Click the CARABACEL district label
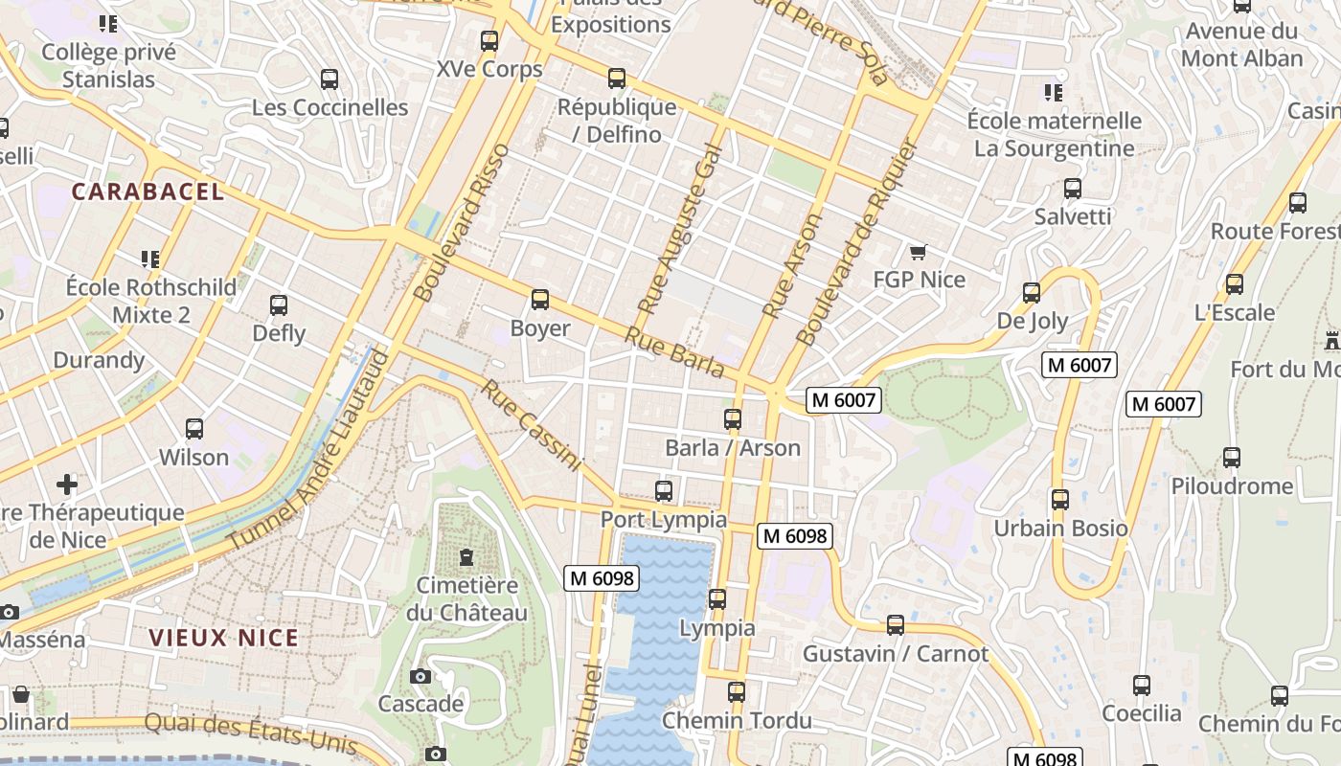click(148, 191)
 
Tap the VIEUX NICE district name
click(223, 638)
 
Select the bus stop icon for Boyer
click(540, 300)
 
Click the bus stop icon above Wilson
click(194, 429)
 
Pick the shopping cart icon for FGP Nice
click(919, 252)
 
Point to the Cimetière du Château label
click(466, 598)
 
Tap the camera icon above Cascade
click(420, 676)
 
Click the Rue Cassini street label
click(532, 426)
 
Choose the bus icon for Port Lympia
click(664, 491)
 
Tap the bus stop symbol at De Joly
click(1032, 293)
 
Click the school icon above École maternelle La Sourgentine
click(1054, 93)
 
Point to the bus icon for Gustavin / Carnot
click(896, 625)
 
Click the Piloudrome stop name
click(1232, 486)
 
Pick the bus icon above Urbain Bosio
click(1059, 500)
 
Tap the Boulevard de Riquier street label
click(857, 244)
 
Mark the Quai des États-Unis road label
click(251, 733)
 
